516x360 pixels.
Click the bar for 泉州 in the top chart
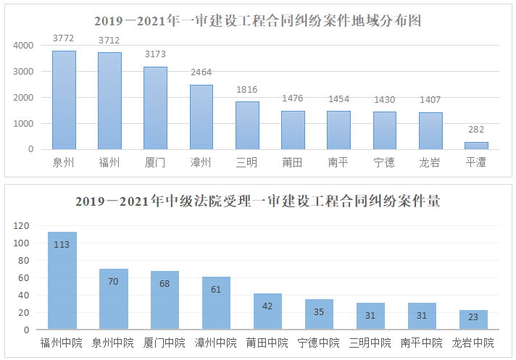tap(64, 100)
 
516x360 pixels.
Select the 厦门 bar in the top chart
tap(155, 108)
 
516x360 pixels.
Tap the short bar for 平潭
tap(476, 146)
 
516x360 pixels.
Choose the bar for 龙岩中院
tap(473, 320)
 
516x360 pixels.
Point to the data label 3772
tap(64, 38)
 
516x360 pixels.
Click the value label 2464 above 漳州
tap(201, 72)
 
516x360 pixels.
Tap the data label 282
tap(476, 129)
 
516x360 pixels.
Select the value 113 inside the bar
tap(62, 244)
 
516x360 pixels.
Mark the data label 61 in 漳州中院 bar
tap(216, 289)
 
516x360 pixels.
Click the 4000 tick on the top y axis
tap(24, 45)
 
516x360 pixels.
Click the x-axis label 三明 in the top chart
tap(246, 162)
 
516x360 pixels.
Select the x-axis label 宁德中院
tap(319, 343)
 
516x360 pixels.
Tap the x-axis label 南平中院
tap(422, 343)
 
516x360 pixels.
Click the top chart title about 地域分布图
tap(257, 21)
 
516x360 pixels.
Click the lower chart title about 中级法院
tap(257, 201)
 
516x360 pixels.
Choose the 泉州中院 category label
tap(113, 343)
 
